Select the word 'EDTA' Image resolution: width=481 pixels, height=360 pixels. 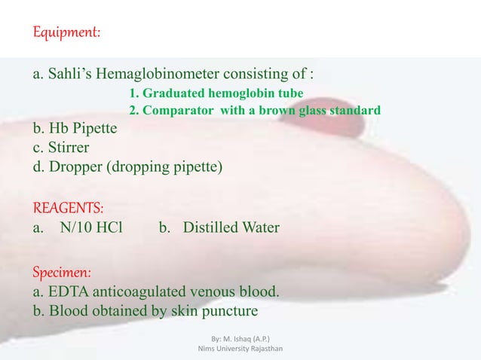click(67, 291)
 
